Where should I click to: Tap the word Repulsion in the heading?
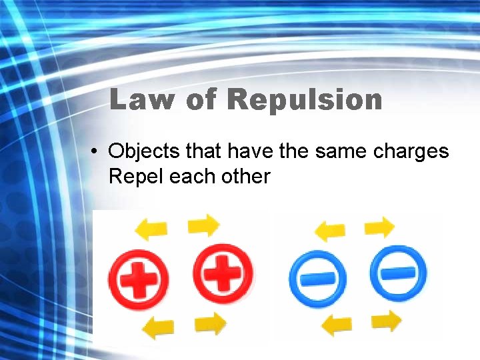click(x=305, y=100)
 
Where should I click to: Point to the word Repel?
click(x=135, y=177)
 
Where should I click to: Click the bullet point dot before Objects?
click(x=97, y=153)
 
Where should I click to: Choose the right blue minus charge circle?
click(x=398, y=273)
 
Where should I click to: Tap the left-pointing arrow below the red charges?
click(x=159, y=328)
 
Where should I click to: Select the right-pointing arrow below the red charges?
click(x=211, y=324)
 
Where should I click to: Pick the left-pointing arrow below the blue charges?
click(x=337, y=325)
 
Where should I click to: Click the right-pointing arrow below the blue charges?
click(x=387, y=321)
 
